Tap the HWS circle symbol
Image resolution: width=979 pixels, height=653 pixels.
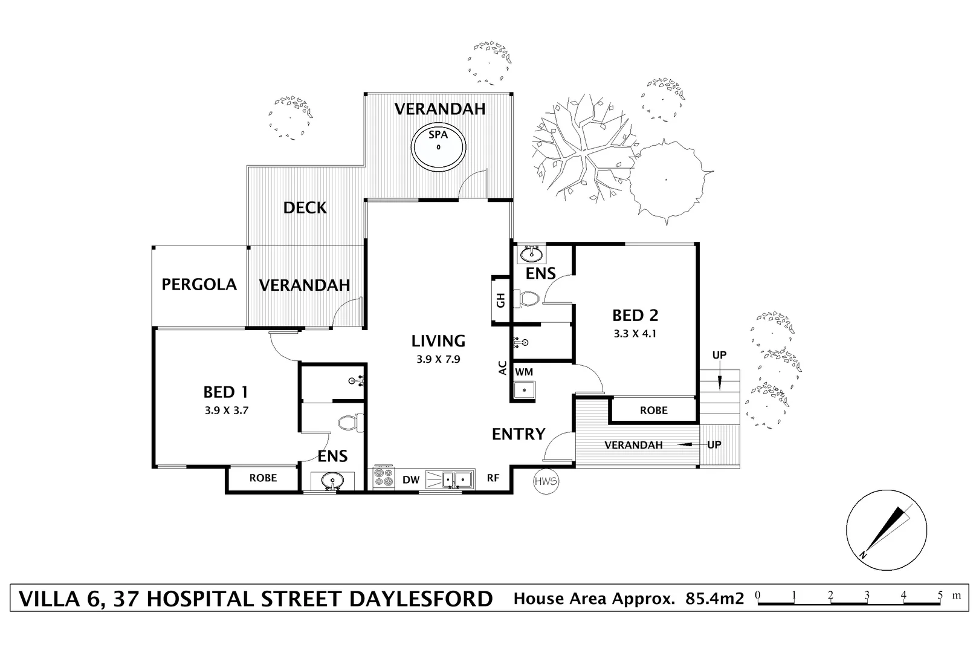point(546,481)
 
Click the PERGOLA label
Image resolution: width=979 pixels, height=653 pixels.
point(199,284)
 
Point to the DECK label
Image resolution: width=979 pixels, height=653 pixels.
point(305,208)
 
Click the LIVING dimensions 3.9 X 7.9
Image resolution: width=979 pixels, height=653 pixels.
point(438,359)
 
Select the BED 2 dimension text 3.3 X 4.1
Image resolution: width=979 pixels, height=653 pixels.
point(635,333)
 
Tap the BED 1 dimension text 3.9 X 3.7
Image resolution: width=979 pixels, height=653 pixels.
point(227,410)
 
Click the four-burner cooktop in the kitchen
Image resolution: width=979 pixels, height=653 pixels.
point(383,478)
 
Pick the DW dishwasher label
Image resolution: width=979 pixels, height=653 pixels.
point(411,480)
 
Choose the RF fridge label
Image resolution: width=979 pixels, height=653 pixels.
point(493,478)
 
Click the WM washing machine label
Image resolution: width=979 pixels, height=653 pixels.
point(524,372)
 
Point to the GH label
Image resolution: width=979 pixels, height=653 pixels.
point(501,300)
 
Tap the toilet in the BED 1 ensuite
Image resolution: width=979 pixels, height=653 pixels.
point(349,422)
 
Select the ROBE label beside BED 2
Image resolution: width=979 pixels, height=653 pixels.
point(654,411)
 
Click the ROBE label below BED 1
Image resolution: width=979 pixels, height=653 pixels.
point(263,478)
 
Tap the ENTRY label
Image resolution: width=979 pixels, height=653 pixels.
point(519,434)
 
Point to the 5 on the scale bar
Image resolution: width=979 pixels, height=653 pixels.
point(940,595)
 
